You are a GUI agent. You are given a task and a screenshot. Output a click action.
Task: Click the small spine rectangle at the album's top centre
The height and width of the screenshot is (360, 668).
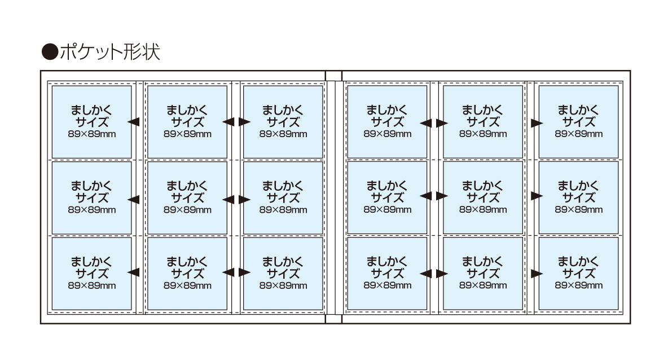coord(334,76)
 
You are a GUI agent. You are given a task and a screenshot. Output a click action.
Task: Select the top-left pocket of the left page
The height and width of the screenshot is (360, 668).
coord(91,121)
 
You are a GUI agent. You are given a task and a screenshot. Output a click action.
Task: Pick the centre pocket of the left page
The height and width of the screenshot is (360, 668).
coord(187,197)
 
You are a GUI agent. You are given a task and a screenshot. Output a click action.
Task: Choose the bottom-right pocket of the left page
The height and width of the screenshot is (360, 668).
coord(283,273)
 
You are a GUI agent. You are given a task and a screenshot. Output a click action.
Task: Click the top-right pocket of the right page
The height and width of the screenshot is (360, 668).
coord(578,121)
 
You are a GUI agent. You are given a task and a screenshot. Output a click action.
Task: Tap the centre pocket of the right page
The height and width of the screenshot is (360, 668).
coord(483,197)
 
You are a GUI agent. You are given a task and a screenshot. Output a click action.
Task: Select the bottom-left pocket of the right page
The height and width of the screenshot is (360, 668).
coord(387,273)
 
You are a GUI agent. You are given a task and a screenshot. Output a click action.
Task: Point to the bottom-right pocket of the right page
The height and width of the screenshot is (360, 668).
coord(578,273)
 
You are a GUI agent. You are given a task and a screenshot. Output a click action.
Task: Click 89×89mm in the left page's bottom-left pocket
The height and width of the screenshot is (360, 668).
coord(91,286)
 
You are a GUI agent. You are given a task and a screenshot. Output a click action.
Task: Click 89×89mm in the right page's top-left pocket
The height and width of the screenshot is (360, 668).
coord(387,134)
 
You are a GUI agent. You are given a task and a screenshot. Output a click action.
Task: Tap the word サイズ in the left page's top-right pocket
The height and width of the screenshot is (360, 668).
coord(283,122)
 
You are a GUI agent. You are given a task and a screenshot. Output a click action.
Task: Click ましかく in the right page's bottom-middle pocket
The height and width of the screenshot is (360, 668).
coord(483,261)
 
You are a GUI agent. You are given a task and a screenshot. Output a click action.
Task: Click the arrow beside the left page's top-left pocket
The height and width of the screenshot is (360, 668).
coord(134,121)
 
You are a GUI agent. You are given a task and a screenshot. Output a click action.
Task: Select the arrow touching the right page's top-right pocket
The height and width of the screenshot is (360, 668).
coord(536,122)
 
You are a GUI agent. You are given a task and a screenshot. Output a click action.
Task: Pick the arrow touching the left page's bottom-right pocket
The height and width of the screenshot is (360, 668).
coord(244,273)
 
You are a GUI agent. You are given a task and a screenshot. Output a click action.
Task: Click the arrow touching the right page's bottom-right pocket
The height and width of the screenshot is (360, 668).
coord(536,273)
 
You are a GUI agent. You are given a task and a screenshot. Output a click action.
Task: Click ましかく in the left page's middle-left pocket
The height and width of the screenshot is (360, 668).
coord(91,186)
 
